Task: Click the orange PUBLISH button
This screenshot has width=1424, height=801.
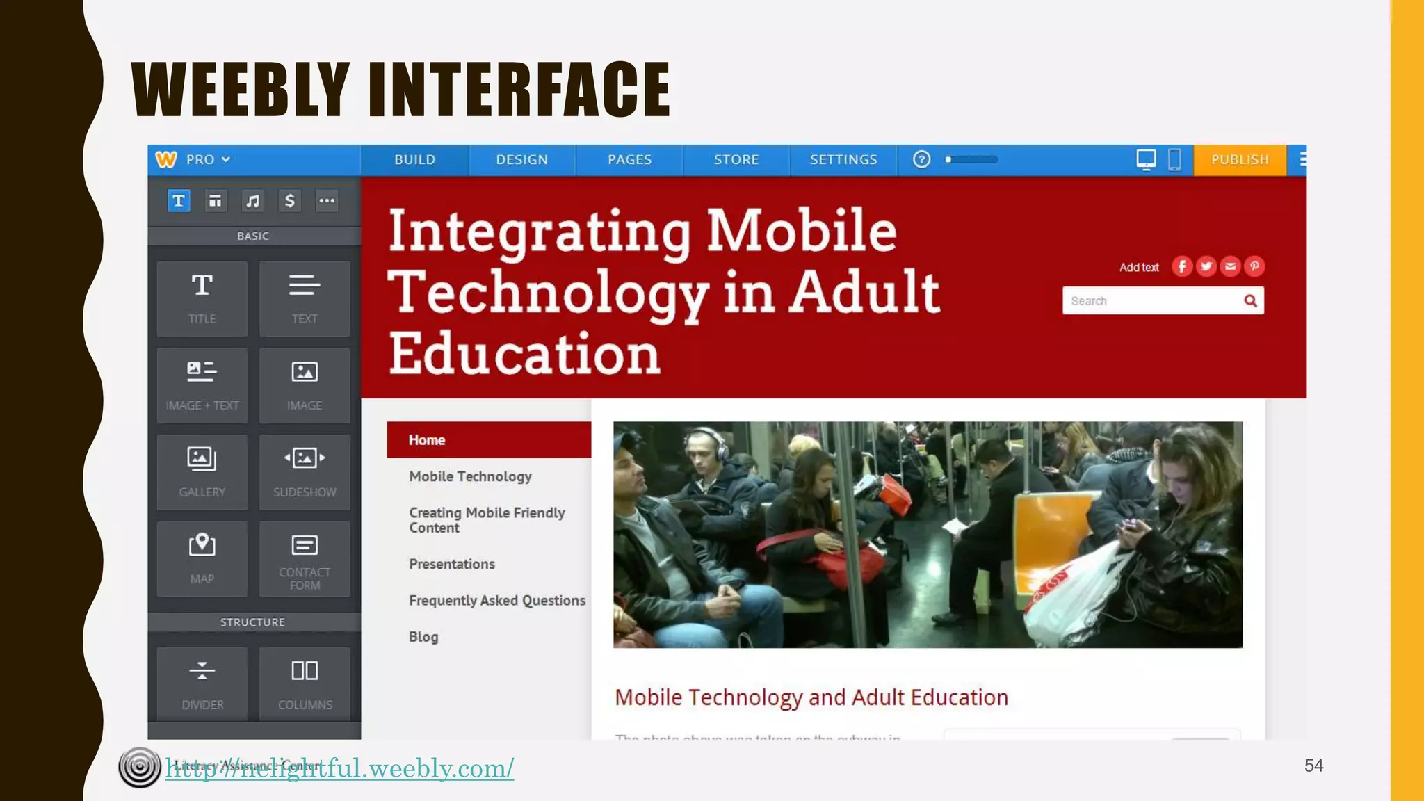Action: pyautogui.click(x=1239, y=160)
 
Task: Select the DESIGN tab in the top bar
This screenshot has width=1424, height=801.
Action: pyautogui.click(x=521, y=160)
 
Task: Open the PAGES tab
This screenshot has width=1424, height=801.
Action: pyautogui.click(x=629, y=160)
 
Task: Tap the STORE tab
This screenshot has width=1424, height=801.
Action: pyautogui.click(x=736, y=160)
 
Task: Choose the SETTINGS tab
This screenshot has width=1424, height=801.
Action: pyautogui.click(x=843, y=160)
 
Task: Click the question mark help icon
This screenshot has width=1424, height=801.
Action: pyautogui.click(x=921, y=160)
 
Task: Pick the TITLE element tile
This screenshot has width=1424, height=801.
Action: pyautogui.click(x=202, y=299)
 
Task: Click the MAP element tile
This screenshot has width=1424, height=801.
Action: pyautogui.click(x=202, y=559)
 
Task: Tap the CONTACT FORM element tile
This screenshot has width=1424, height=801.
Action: pyautogui.click(x=305, y=559)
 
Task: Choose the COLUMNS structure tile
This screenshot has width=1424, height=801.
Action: pyautogui.click(x=305, y=683)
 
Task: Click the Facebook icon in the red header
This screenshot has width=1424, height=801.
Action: pyautogui.click(x=1182, y=266)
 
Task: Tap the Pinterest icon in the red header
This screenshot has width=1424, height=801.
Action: pyautogui.click(x=1254, y=266)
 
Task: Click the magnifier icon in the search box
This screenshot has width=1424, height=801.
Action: pyautogui.click(x=1250, y=301)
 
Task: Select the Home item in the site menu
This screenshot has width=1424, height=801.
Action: pyautogui.click(x=426, y=440)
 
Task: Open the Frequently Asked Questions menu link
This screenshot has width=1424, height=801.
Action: pyautogui.click(x=496, y=601)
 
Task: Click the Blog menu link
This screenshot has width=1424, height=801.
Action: pyautogui.click(x=423, y=637)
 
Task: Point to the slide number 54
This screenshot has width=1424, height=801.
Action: pyautogui.click(x=1313, y=766)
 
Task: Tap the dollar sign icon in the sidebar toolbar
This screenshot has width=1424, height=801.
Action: pyautogui.click(x=289, y=201)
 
